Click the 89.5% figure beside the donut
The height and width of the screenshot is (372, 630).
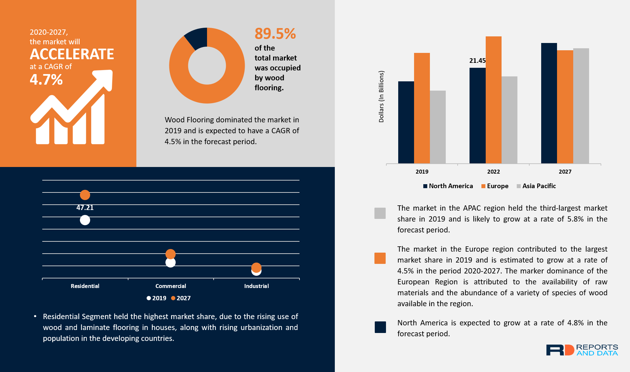(x=275, y=34)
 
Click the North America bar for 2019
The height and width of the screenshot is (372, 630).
(x=406, y=122)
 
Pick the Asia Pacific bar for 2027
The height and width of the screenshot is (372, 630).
(x=581, y=106)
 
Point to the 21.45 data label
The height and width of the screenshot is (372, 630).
(x=477, y=61)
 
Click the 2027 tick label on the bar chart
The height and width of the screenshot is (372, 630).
(x=565, y=172)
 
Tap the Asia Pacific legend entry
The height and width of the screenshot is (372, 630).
(x=536, y=186)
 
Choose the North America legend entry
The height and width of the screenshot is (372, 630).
(x=448, y=186)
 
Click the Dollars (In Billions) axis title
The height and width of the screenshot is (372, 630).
(x=381, y=97)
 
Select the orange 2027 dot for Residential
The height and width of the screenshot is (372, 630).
(x=85, y=195)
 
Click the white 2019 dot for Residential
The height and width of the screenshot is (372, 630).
(x=85, y=220)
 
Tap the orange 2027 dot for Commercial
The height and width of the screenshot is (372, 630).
(x=170, y=254)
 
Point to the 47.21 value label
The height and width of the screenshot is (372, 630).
(x=85, y=208)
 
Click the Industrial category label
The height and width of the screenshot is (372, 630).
(x=256, y=286)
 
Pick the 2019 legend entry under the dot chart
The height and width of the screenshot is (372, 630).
(x=157, y=298)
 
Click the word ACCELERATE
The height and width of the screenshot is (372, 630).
(x=72, y=54)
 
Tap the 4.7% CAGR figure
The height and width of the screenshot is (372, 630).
(x=46, y=80)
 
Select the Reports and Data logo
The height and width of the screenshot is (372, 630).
(x=582, y=350)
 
